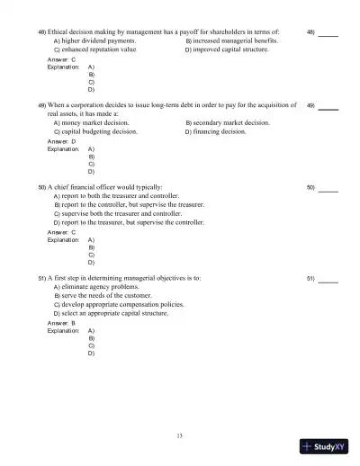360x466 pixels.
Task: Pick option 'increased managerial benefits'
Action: coord(231,41)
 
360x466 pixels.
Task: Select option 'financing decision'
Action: coord(214,131)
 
